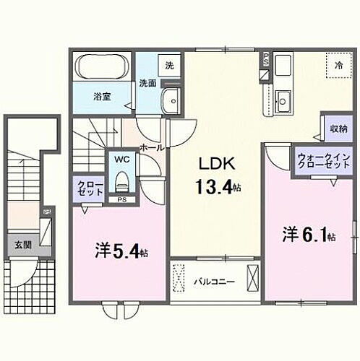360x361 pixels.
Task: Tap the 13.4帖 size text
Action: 216,188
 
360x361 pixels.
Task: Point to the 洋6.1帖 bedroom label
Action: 308,235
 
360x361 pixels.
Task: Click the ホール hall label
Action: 150,147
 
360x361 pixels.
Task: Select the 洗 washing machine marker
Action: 169,66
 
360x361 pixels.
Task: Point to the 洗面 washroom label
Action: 147,83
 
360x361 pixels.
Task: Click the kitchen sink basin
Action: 283,99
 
